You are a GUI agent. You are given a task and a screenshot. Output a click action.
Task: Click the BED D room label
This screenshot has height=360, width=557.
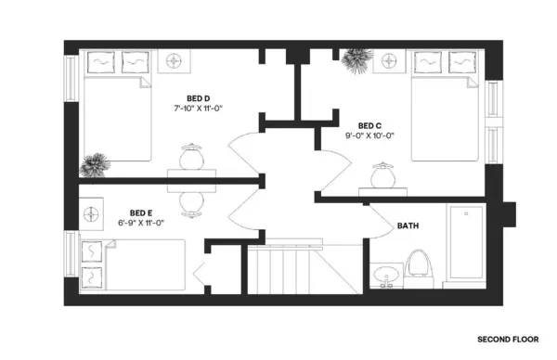click(198, 98)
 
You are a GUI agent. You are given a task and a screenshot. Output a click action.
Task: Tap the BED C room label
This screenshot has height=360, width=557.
click(369, 125)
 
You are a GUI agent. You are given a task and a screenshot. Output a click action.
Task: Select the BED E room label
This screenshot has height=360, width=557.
click(141, 212)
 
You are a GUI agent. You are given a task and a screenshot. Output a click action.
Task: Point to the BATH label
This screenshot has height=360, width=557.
click(408, 225)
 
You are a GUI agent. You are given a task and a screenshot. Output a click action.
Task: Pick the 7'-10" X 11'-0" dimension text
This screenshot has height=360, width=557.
click(198, 109)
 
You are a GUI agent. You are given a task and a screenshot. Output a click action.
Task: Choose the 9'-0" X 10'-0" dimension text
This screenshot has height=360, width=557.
click(369, 135)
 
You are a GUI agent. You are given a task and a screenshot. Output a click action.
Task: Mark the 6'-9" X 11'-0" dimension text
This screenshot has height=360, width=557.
click(141, 223)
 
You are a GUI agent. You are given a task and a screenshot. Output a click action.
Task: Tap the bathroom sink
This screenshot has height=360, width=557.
click(385, 275)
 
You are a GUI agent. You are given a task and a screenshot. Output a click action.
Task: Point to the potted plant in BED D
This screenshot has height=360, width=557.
click(93, 165)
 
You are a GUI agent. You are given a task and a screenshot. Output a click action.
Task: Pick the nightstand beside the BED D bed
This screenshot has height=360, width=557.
click(174, 62)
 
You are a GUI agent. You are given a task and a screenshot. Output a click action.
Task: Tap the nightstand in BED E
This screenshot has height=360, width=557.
click(94, 214)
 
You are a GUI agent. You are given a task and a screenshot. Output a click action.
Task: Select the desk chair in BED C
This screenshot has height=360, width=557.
click(382, 174)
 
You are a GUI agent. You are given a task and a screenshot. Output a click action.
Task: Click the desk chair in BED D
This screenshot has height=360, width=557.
click(191, 157)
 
